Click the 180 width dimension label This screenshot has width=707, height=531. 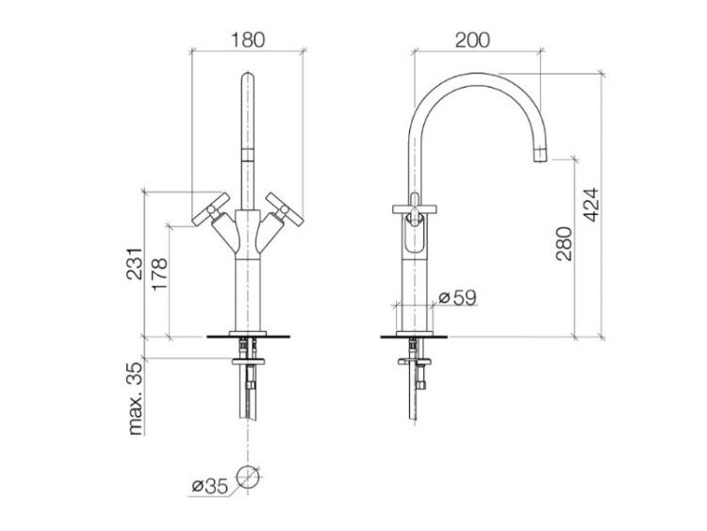[248, 41]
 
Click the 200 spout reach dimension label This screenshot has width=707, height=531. [472, 41]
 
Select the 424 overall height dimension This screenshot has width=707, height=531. [591, 204]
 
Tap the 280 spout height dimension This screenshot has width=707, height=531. [564, 243]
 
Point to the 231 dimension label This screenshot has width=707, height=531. [135, 264]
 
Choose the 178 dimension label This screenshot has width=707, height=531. [159, 274]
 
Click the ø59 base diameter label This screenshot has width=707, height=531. [457, 298]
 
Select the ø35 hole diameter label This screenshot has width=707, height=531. [210, 487]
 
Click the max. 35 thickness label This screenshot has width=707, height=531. [135, 398]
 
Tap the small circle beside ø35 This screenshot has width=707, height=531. [248, 476]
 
